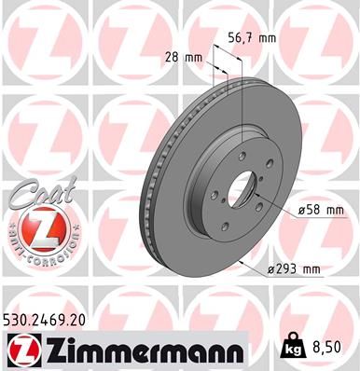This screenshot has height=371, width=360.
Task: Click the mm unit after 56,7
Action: (x=268, y=39)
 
